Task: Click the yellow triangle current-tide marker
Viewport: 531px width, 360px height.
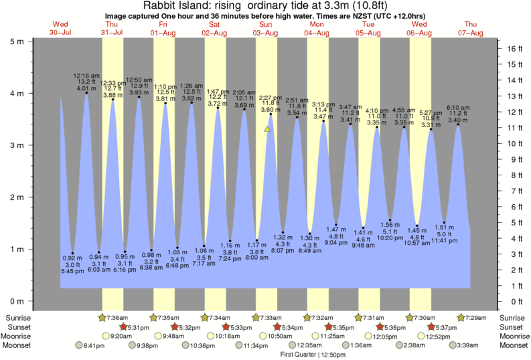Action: [267, 128]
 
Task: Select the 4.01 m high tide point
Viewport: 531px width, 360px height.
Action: [86, 93]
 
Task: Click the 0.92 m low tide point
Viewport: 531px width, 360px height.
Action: [73, 253]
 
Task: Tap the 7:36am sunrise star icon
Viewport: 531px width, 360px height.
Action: [102, 317]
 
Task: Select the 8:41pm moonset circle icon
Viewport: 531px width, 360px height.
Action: [80, 345]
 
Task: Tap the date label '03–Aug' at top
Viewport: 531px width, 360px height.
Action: [267, 32]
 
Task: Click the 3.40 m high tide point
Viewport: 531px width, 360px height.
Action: [459, 124]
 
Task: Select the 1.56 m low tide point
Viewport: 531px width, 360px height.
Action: [390, 220]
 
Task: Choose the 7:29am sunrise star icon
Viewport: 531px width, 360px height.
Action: [462, 317]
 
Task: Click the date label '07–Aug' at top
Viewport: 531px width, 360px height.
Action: [471, 32]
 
